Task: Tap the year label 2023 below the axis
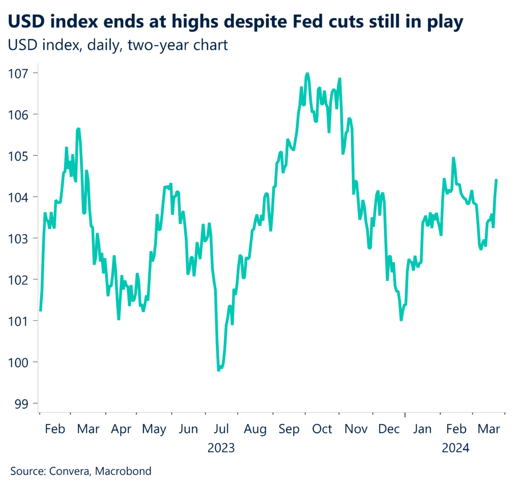point(221,448)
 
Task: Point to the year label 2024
point(455,448)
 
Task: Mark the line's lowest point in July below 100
point(219,370)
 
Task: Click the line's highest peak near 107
point(307,74)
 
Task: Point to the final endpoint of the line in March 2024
point(496,180)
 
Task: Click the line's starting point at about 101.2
point(40,311)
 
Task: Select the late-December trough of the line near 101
point(401,320)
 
